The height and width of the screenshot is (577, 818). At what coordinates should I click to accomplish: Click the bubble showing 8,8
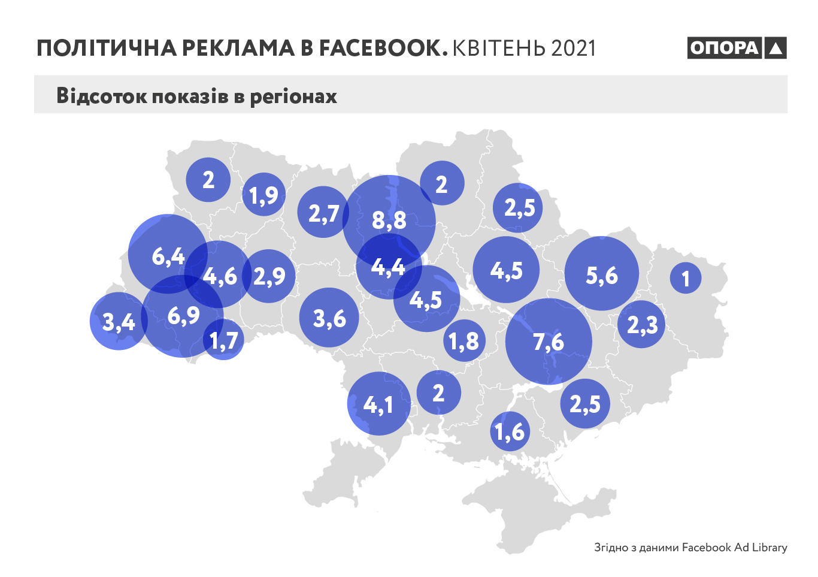(x=389, y=220)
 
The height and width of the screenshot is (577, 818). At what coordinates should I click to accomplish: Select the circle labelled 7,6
(x=549, y=342)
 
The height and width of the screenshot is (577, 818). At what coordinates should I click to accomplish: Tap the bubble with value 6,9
(x=183, y=316)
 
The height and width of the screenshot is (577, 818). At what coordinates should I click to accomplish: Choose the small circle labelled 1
(x=686, y=278)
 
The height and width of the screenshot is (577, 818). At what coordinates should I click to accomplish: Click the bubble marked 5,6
(x=602, y=274)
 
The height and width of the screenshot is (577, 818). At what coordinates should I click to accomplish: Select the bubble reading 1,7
(x=224, y=341)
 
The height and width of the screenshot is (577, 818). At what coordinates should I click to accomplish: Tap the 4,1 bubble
(x=378, y=404)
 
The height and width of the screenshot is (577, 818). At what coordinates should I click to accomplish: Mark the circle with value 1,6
(x=510, y=431)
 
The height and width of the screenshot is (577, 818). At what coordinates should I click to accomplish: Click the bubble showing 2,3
(x=642, y=325)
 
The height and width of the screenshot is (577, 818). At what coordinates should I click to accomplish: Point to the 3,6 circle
(x=329, y=318)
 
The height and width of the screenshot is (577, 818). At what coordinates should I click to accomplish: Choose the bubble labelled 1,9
(x=263, y=194)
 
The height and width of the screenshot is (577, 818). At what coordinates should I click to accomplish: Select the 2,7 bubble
(x=323, y=212)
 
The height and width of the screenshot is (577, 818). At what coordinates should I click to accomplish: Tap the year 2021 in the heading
(x=573, y=49)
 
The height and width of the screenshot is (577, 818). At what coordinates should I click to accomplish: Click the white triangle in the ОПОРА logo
(x=775, y=48)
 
